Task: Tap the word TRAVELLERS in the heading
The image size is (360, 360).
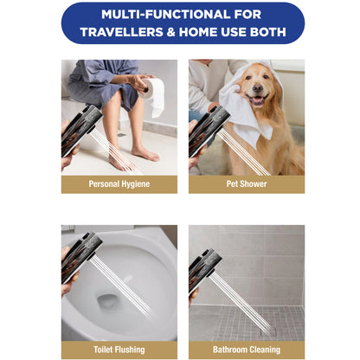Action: [122, 32]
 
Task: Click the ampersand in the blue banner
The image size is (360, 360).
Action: [171, 32]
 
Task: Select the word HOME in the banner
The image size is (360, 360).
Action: [198, 32]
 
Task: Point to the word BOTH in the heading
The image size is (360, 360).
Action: [268, 32]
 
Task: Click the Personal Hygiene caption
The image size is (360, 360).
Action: [119, 184]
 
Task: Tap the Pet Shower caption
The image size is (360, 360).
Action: [247, 183]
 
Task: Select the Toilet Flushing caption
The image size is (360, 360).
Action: [119, 350]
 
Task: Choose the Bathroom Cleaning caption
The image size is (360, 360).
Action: [247, 350]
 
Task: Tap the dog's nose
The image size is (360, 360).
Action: [258, 88]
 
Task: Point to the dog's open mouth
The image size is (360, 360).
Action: [256, 100]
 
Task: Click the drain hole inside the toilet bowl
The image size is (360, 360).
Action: [106, 300]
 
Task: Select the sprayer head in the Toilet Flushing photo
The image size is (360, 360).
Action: [81, 257]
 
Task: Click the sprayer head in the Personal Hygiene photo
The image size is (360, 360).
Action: [81, 131]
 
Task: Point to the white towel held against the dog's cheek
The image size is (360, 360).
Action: [245, 112]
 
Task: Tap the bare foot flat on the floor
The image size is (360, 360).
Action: [145, 153]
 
